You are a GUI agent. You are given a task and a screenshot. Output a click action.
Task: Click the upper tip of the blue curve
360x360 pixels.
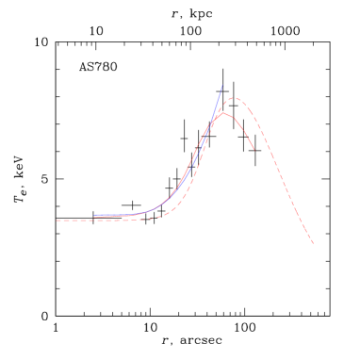(223, 86)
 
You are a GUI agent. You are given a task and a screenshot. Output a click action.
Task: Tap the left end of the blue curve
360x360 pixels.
(94, 216)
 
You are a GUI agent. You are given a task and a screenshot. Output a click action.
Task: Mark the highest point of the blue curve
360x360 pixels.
(223, 86)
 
